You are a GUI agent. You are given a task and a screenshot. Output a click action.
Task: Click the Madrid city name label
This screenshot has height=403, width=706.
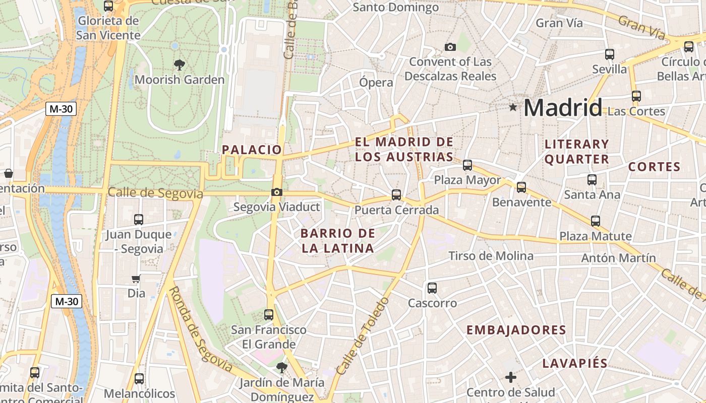(x=563, y=108)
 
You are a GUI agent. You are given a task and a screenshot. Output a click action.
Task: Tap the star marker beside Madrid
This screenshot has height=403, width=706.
(x=513, y=107)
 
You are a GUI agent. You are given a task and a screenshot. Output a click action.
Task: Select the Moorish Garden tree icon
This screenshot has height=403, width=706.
(x=179, y=64)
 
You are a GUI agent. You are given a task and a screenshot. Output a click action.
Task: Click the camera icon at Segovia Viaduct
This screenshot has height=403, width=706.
(x=276, y=192)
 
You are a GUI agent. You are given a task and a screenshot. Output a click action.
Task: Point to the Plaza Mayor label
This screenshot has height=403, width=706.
(x=467, y=180)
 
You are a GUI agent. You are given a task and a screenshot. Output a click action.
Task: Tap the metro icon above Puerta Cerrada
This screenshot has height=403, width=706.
(x=396, y=194)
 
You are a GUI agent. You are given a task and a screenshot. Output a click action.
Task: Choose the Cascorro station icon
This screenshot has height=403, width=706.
(x=432, y=288)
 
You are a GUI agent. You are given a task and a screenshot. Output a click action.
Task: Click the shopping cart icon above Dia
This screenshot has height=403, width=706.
(x=136, y=279)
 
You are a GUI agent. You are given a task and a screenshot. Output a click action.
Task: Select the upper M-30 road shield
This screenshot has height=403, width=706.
(x=61, y=108)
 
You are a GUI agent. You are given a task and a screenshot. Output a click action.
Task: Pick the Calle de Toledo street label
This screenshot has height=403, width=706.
(x=363, y=336)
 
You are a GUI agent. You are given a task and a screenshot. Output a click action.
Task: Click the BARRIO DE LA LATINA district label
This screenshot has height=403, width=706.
(x=338, y=241)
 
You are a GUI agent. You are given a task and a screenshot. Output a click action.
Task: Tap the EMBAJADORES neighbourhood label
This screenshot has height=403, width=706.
(x=516, y=330)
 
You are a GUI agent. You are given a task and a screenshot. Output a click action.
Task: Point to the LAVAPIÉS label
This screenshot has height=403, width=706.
(x=575, y=364)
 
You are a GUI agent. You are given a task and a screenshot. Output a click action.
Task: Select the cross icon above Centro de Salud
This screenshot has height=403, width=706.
(x=511, y=377)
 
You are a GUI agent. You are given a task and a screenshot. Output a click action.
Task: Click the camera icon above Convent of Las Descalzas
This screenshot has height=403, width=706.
(x=450, y=47)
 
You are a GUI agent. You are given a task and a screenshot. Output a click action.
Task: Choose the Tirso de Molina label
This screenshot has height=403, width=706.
(x=491, y=256)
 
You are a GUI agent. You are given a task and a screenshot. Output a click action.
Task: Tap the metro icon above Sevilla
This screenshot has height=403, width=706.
(x=610, y=54)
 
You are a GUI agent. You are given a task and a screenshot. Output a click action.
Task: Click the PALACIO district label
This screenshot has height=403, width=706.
(x=252, y=150)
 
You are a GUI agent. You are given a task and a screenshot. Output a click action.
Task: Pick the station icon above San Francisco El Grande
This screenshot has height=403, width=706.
(x=269, y=315)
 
